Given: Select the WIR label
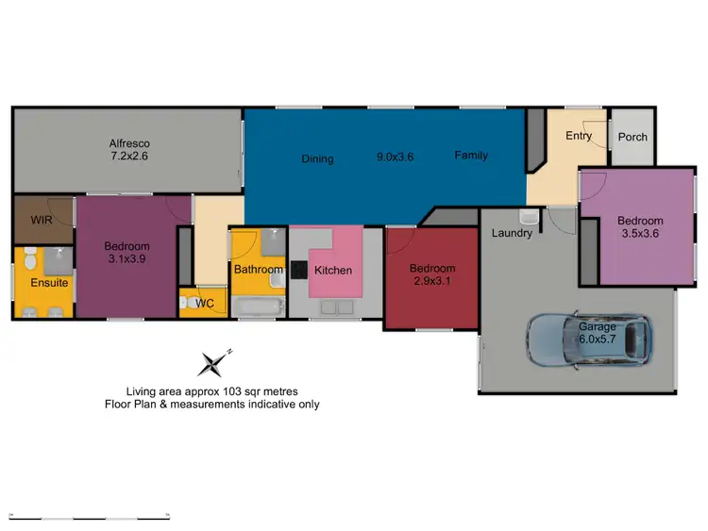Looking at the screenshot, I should pos(39,219).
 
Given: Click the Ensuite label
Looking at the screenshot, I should pos(49,282).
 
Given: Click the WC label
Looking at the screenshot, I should pos(205,304).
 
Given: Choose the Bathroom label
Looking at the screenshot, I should pos(259,270).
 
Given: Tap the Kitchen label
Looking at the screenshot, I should pos(332,271).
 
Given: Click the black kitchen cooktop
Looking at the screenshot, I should pos(297,271).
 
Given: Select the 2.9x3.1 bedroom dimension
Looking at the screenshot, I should pos(431,281).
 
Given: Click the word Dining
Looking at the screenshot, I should pos(318,158).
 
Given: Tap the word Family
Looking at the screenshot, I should pos(470,156).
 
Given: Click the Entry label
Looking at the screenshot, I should pos(579,136).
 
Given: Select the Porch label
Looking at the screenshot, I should pos(632,137).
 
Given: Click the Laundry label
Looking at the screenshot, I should pos(511,233).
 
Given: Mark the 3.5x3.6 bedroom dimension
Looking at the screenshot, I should pos(641,234).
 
